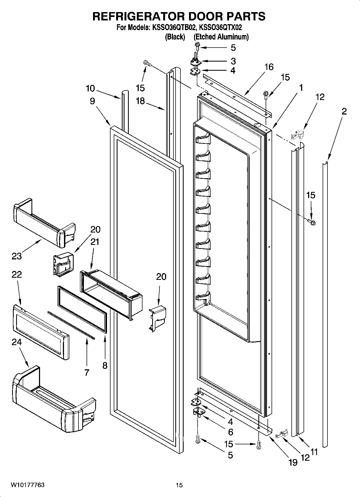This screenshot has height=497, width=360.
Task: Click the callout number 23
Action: (16, 256)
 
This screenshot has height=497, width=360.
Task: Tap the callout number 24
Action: (17, 342)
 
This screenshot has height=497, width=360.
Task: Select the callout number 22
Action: (16, 274)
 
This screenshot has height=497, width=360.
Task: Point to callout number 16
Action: (269, 67)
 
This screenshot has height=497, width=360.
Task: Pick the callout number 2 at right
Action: (344, 111)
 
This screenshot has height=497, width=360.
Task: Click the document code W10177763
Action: (28, 485)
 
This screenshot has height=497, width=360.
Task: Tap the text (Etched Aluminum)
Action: (221, 37)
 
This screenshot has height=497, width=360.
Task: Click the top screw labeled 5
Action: (197, 47)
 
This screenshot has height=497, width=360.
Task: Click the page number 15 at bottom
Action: (179, 485)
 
